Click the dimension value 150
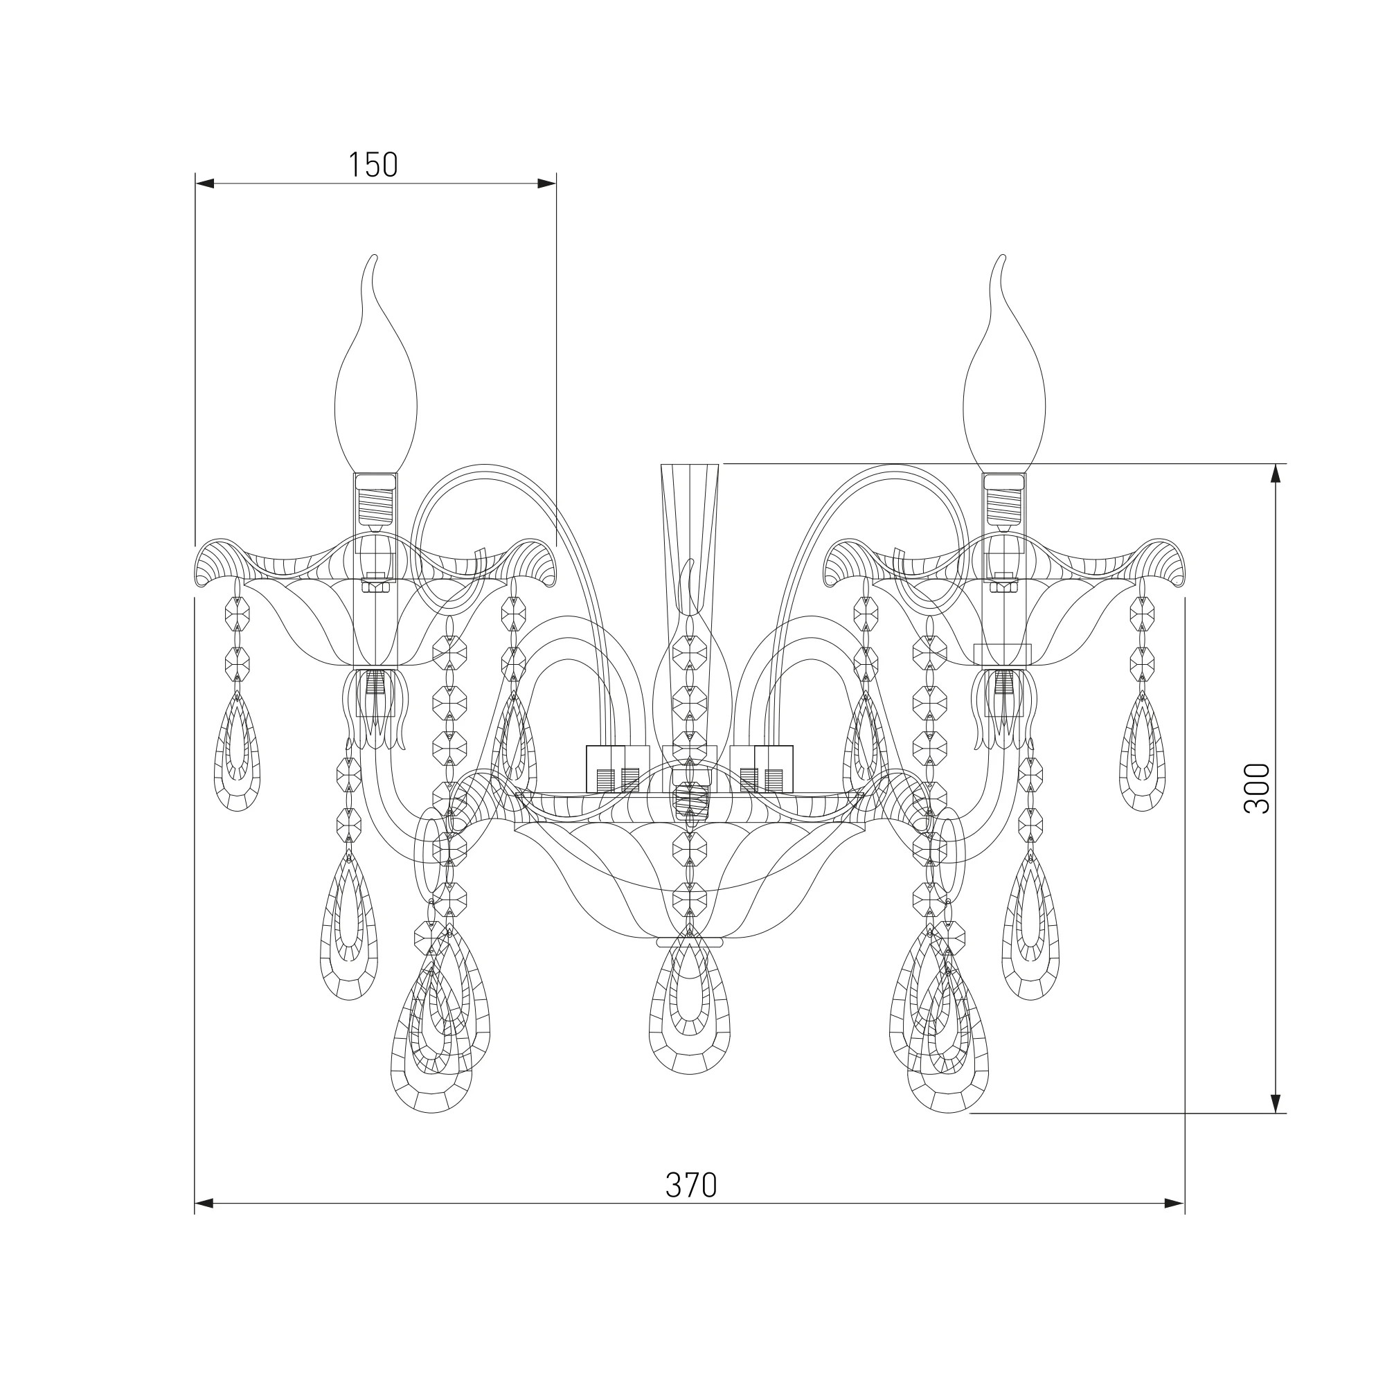373,165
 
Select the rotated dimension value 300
1256,788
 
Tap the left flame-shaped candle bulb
375,366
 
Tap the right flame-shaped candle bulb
1004,366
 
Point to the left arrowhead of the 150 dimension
204,184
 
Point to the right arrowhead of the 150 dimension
547,184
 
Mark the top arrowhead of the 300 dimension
1276,474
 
